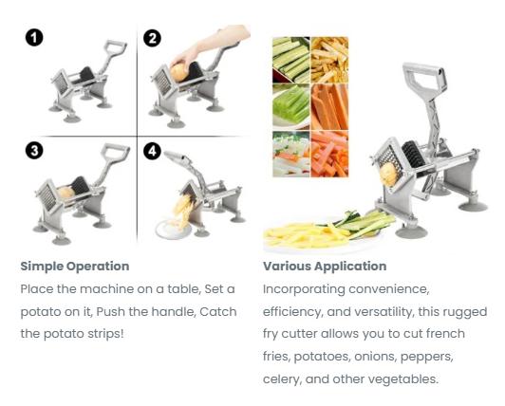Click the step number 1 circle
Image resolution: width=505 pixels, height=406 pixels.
click(x=33, y=38)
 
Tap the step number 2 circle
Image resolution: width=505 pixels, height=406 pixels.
click(x=152, y=38)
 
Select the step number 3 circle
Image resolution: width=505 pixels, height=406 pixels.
click(x=33, y=151)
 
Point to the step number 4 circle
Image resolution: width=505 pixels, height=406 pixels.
click(x=152, y=151)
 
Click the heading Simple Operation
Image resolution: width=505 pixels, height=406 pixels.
click(x=74, y=267)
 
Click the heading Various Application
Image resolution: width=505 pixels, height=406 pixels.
click(x=325, y=267)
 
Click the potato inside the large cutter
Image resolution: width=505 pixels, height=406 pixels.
click(x=389, y=173)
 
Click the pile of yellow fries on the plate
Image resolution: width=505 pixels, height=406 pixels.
click(x=304, y=232)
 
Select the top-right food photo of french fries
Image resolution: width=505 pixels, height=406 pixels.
click(x=329, y=59)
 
